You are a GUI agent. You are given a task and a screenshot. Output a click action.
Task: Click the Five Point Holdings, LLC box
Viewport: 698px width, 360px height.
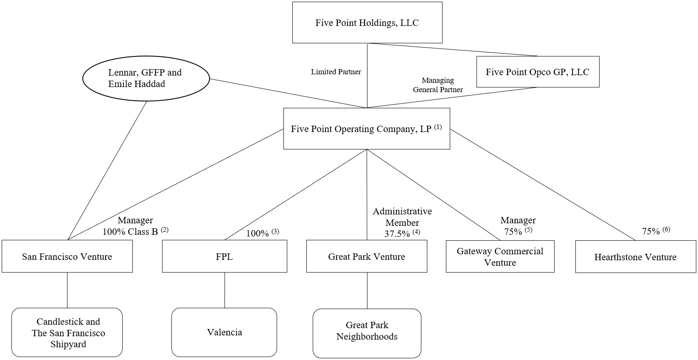click(x=367, y=22)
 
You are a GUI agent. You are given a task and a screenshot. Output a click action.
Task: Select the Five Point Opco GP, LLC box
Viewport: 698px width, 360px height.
click(x=538, y=72)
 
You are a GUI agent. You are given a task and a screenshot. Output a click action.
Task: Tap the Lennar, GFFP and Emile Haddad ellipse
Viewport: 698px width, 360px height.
click(x=145, y=78)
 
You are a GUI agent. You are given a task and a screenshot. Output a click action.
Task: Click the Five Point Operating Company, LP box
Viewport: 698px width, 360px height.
click(x=366, y=129)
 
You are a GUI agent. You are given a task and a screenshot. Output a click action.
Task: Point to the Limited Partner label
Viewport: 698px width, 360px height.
click(x=336, y=72)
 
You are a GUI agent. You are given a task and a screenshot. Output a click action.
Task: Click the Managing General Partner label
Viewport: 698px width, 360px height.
click(x=438, y=84)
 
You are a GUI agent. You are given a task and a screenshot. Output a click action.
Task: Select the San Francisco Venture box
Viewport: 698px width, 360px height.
click(x=67, y=256)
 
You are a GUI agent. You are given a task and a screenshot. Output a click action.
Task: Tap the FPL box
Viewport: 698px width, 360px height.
click(x=224, y=256)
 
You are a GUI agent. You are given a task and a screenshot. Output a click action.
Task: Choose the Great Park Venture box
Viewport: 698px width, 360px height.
click(x=366, y=256)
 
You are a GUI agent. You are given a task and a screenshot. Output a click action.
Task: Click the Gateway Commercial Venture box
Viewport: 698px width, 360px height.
click(x=500, y=256)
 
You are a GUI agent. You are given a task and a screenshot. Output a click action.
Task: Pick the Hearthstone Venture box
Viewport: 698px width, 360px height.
click(x=635, y=257)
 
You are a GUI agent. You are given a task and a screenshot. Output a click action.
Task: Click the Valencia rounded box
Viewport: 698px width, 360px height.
click(x=224, y=332)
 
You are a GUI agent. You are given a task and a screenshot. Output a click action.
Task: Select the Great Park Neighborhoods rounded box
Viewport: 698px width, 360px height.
click(x=367, y=331)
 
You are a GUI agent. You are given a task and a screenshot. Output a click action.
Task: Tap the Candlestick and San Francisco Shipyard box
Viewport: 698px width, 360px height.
click(x=68, y=332)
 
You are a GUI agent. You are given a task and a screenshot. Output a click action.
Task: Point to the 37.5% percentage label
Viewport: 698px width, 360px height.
click(x=397, y=234)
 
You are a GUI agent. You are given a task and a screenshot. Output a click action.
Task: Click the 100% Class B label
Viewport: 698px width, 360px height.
click(x=130, y=232)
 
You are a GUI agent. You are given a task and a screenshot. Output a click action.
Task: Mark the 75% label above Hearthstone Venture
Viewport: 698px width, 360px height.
click(x=651, y=231)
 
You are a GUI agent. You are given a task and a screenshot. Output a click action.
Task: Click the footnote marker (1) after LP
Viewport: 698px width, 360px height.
click(x=438, y=127)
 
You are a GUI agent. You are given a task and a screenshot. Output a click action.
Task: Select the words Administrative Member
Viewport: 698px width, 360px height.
click(x=402, y=217)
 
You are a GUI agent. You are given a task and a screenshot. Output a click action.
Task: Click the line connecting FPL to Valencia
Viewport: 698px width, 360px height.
click(x=224, y=290)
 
